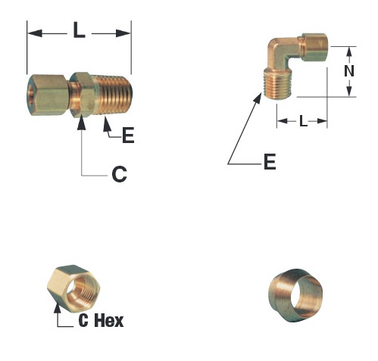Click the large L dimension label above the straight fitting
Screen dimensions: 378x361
(x=79, y=30)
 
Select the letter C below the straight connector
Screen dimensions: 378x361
(x=119, y=174)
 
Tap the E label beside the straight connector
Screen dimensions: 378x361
(x=128, y=135)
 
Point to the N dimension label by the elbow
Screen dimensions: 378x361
(x=349, y=71)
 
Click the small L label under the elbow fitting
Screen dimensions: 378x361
(x=303, y=121)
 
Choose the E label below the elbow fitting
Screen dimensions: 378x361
(x=270, y=161)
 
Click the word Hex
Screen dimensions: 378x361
(x=109, y=321)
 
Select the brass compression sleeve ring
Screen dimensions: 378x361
(x=295, y=295)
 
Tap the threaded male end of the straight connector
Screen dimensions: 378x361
(x=114, y=95)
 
